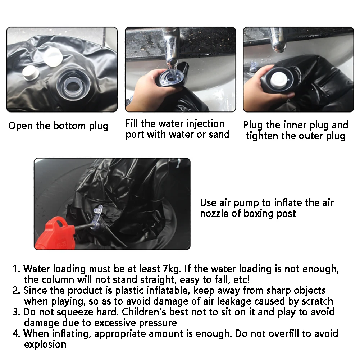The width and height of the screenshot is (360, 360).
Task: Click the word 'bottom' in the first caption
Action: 69,126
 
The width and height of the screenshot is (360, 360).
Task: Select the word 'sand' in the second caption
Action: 219,134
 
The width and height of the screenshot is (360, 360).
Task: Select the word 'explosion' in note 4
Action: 45,345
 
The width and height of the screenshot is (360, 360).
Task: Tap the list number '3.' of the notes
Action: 17,312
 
